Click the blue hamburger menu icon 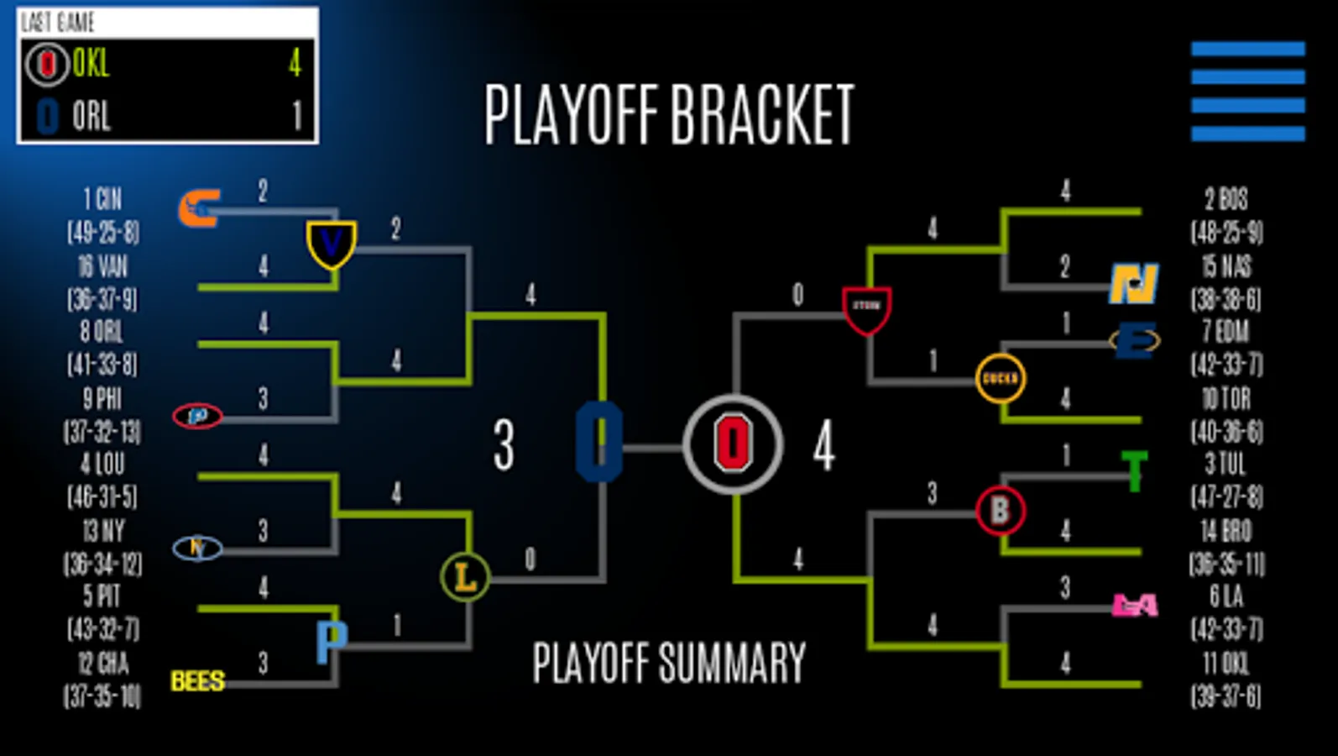1247,91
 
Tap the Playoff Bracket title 669,115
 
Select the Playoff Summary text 669,663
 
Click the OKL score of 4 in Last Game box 295,63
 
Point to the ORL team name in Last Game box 91,116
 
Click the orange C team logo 199,208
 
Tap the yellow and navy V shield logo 332,244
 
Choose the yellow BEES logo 197,680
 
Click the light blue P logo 332,642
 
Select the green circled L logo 465,576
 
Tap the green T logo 1134,470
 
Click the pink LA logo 1135,605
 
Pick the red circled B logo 1000,510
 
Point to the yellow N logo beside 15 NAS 1134,284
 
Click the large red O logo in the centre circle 733,444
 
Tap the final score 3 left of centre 504,444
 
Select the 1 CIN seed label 102,200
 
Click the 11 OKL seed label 1226,664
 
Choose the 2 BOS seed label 1226,200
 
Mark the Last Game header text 58,23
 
